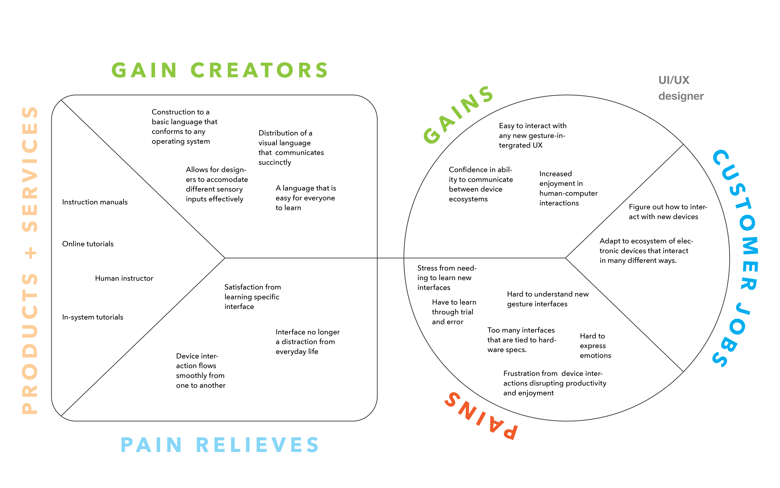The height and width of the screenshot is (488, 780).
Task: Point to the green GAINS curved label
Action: [x=458, y=115]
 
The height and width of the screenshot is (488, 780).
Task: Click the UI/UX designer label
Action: [x=681, y=88]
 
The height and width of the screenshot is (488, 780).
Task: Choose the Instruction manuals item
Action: [x=95, y=202]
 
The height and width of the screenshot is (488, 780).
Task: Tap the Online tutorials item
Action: [x=88, y=244]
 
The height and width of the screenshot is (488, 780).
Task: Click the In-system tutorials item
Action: [x=92, y=317]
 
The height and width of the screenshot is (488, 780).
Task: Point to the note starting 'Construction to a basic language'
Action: [x=184, y=127]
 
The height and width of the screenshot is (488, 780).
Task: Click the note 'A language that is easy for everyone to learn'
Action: [x=306, y=198]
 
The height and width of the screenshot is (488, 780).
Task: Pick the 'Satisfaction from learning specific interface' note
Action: [x=252, y=297]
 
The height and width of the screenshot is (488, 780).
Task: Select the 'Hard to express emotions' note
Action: [x=595, y=346]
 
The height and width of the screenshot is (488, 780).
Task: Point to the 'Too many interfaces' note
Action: [x=522, y=340]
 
